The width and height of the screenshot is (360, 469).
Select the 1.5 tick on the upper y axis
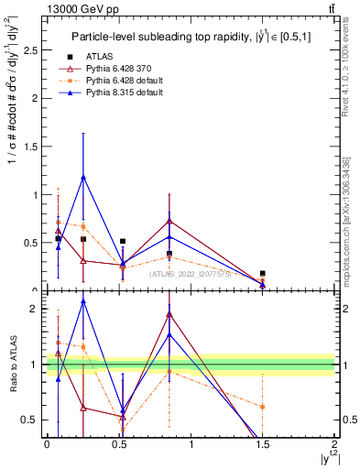click(x=29, y=147)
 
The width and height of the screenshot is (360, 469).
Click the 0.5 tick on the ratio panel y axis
click(x=29, y=420)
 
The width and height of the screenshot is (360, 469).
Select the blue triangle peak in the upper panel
click(x=83, y=177)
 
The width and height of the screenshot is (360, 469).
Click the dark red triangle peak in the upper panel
click(x=169, y=221)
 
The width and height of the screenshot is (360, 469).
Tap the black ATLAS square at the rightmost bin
click(x=262, y=273)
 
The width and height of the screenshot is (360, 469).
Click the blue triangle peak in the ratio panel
click(x=83, y=301)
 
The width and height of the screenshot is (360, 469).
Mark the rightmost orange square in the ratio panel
click(x=262, y=407)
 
